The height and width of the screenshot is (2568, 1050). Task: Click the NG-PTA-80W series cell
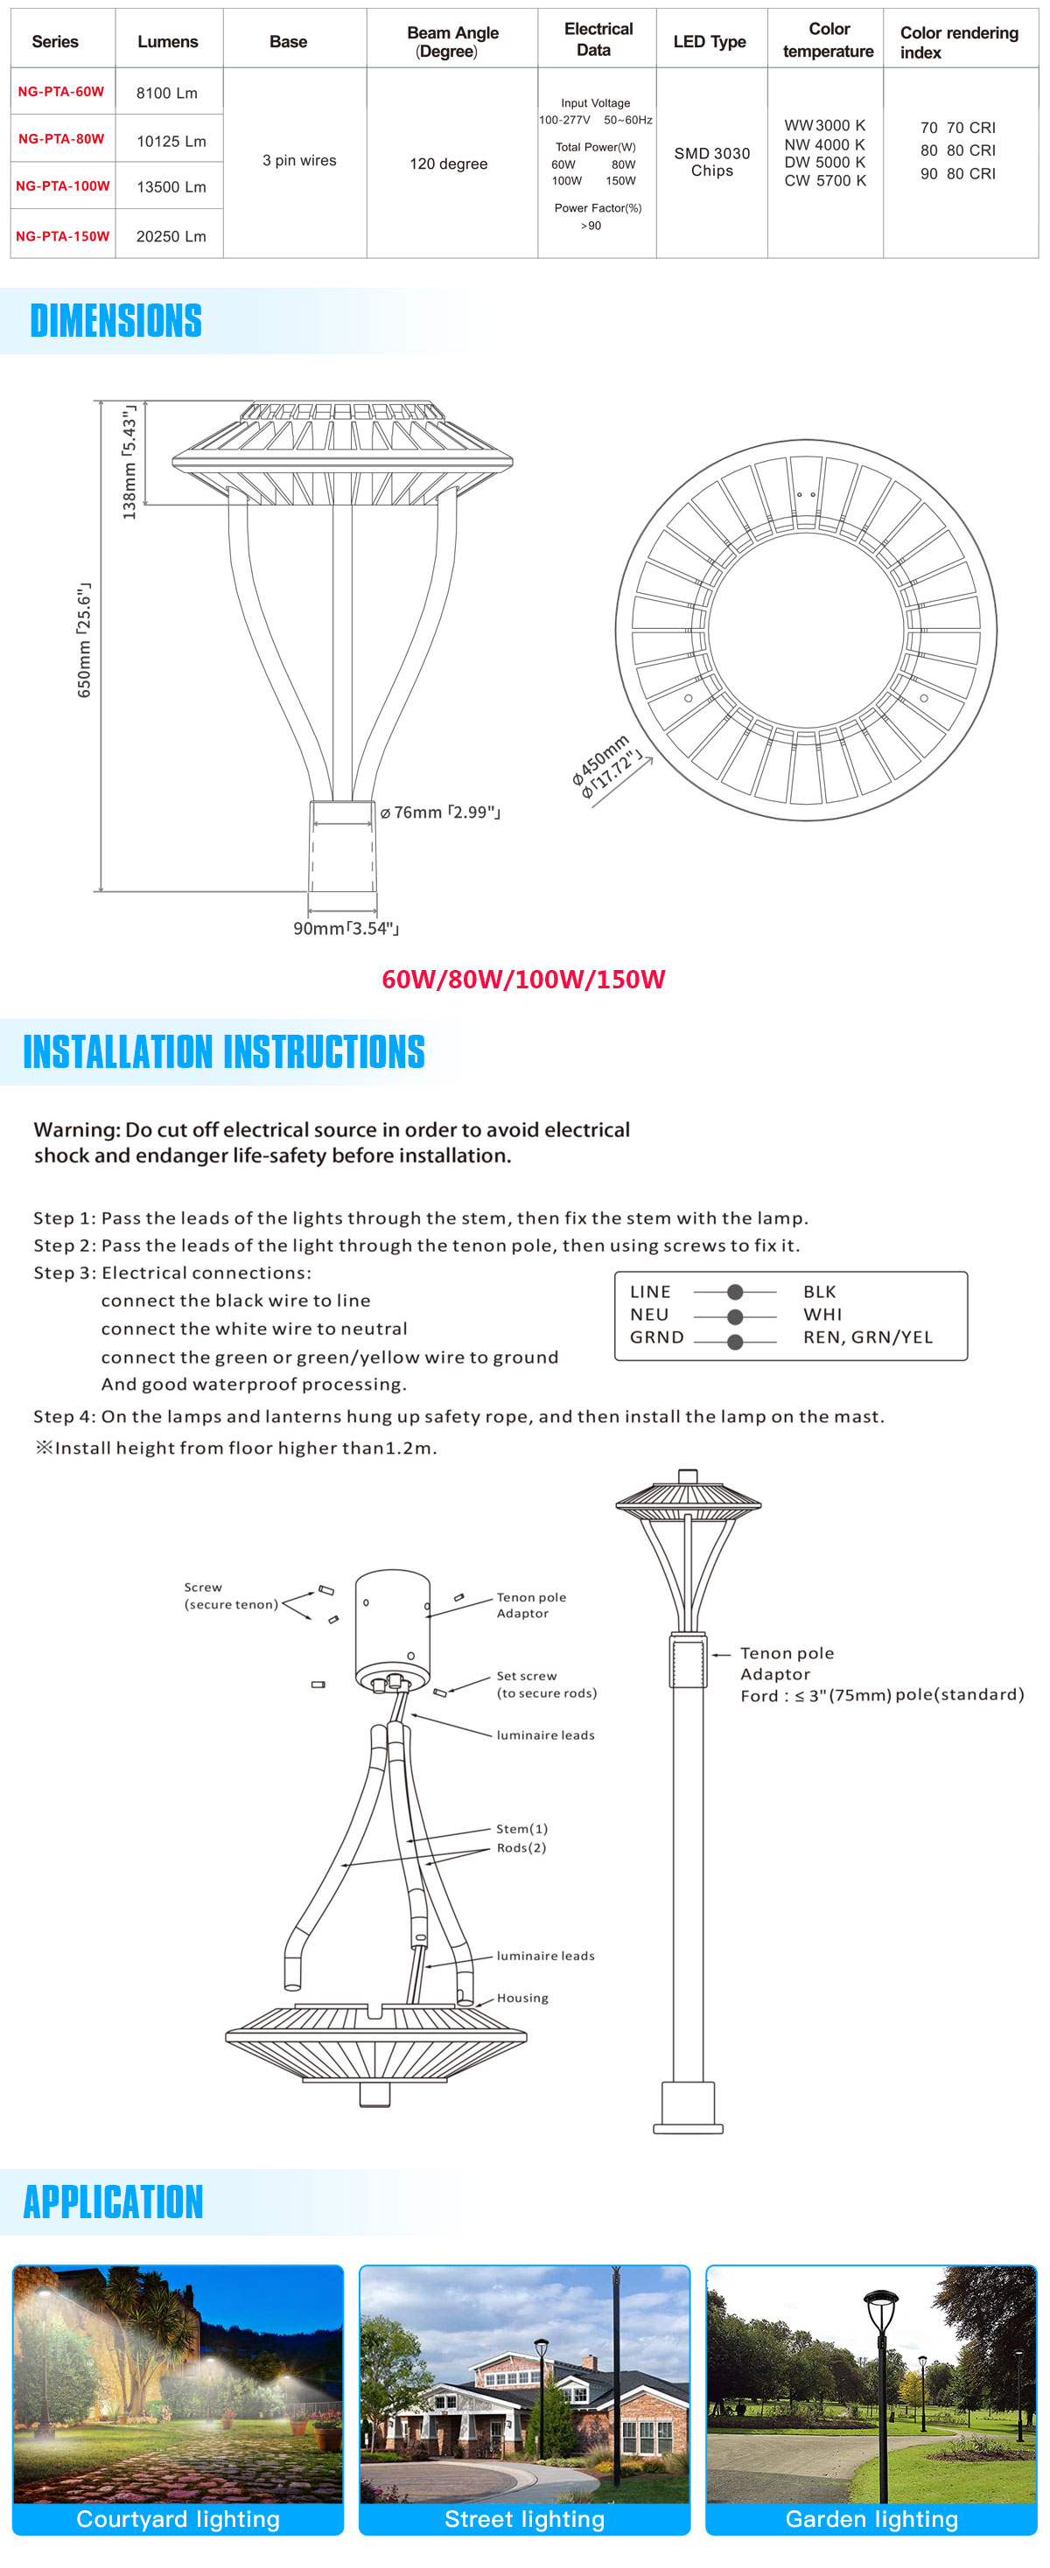[x=61, y=138]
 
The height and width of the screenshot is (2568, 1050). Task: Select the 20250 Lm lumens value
[x=171, y=236]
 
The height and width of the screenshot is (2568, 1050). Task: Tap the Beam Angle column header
[x=451, y=41]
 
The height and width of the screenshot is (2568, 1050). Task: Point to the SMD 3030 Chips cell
[x=711, y=162]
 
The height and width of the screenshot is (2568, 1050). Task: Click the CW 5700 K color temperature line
[x=824, y=180]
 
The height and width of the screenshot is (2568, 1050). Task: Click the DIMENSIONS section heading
[x=115, y=321]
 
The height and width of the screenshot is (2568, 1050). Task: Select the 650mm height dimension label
[x=84, y=640]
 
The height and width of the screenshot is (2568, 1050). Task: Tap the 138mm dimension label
[x=129, y=463]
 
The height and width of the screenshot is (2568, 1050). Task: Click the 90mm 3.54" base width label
[x=345, y=928]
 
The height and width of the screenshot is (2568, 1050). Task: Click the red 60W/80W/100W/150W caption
[x=522, y=979]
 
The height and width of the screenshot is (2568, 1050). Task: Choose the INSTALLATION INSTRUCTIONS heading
[x=223, y=1051]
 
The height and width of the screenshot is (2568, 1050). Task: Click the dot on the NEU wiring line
[x=735, y=1315]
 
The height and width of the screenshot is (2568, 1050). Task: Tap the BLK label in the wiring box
[x=820, y=1291]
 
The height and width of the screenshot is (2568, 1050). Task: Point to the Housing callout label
[x=521, y=1998]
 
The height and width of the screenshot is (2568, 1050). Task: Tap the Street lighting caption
[x=524, y=2518]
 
